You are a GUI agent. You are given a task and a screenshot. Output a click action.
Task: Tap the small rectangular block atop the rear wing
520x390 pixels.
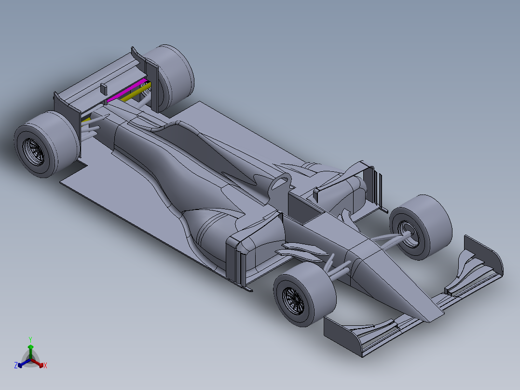point(103,88)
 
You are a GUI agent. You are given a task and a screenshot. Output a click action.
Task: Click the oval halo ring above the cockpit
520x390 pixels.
point(281,182)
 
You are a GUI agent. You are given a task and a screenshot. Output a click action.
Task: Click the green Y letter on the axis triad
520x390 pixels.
point(30,339)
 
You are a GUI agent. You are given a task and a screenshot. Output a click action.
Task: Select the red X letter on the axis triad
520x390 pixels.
point(45,366)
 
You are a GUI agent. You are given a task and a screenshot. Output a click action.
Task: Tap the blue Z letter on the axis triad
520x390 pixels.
point(16,366)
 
